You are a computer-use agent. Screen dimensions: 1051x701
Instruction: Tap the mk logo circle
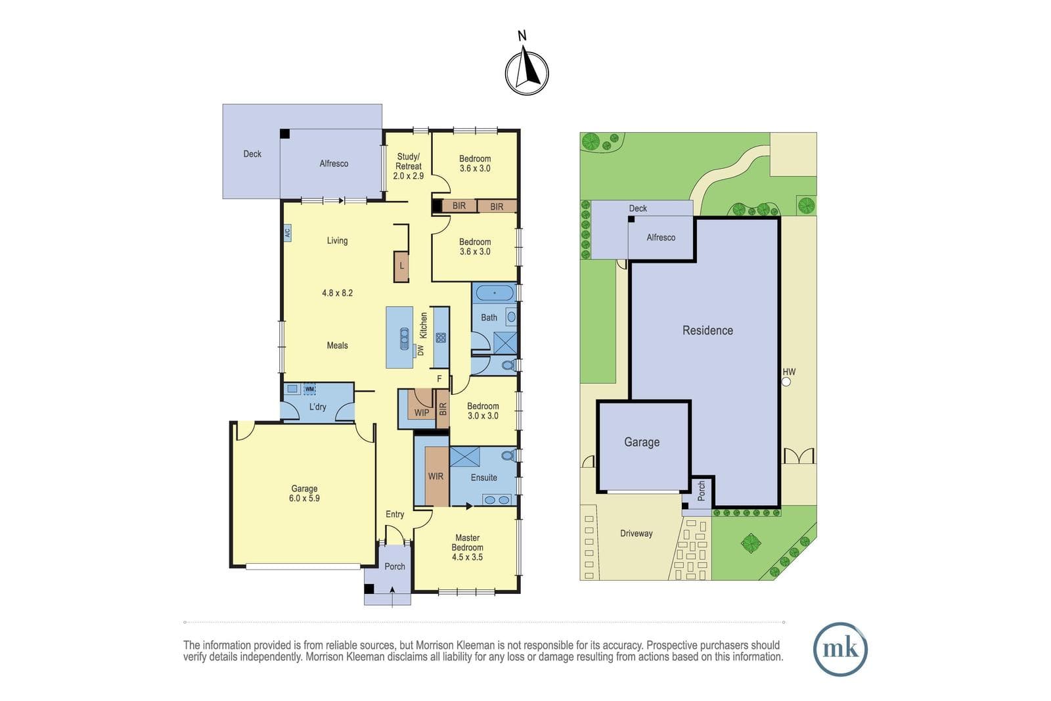click(840, 649)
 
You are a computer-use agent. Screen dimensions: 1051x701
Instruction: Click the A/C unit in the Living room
click(287, 233)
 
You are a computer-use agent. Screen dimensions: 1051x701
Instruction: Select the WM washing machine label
click(309, 389)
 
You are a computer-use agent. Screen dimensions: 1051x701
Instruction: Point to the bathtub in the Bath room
click(495, 293)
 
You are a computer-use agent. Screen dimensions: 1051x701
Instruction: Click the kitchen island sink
click(405, 339)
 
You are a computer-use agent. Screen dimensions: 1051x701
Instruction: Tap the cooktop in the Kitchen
click(441, 338)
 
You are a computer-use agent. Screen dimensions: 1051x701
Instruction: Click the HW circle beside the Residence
click(786, 382)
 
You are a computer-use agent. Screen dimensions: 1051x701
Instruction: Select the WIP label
click(421, 413)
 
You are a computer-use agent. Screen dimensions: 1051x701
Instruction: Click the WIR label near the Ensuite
click(436, 476)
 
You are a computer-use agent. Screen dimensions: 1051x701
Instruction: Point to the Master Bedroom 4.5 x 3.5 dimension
click(467, 557)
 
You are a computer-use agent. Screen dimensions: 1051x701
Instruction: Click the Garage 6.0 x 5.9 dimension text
click(304, 498)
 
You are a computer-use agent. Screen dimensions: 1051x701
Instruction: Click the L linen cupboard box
click(401, 267)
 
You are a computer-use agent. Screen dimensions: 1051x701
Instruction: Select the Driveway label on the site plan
click(637, 533)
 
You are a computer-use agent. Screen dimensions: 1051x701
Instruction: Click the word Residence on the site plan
click(707, 330)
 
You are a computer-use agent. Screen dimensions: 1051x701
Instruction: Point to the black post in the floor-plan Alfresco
click(285, 134)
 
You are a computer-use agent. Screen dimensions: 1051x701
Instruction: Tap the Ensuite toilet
click(508, 455)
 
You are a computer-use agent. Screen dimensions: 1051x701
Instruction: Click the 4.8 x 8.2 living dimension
click(338, 293)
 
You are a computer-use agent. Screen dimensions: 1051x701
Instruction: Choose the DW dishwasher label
click(421, 350)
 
